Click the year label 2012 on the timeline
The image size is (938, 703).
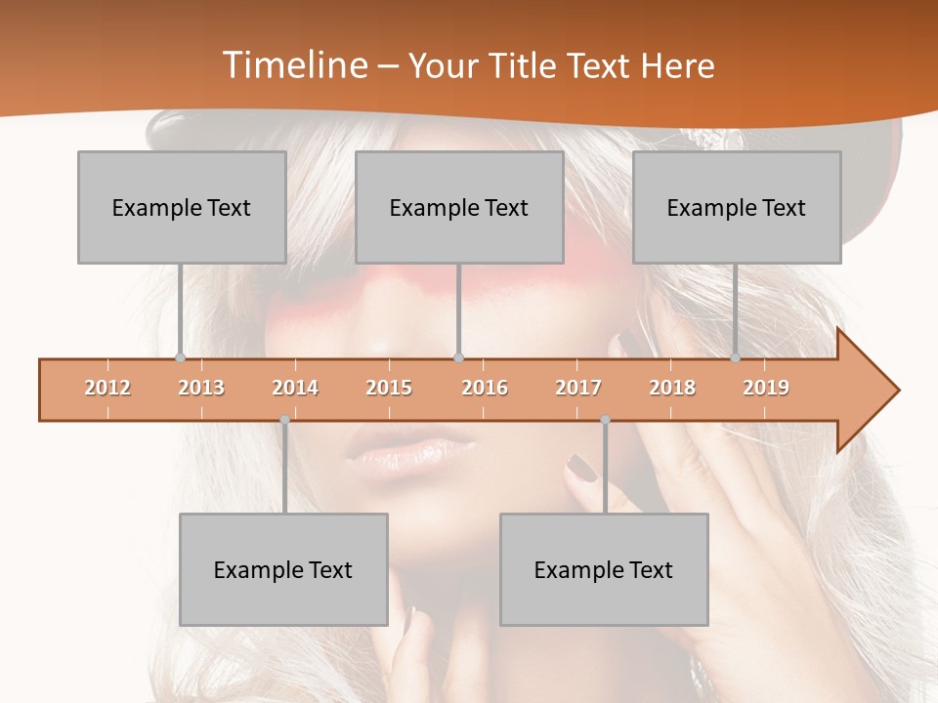[x=107, y=388]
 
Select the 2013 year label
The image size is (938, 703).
[x=201, y=388]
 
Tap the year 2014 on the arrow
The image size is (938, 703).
[x=295, y=388]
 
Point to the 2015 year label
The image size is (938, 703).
[x=389, y=388]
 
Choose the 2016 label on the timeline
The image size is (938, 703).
[x=485, y=388]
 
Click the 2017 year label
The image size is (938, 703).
[x=578, y=388]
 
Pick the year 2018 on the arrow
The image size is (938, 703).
[x=672, y=388]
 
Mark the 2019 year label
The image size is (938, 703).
[x=766, y=388]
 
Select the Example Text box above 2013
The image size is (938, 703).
[x=182, y=207]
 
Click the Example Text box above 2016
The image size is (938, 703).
[x=459, y=207]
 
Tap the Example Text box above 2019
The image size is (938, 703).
[x=737, y=207]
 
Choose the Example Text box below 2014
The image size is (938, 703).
[x=283, y=569]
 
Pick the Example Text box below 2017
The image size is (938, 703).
[x=604, y=569]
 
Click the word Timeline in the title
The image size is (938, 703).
[x=293, y=65]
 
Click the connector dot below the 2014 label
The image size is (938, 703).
[x=284, y=420]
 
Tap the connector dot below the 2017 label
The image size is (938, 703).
[x=605, y=420]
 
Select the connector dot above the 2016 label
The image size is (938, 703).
[x=459, y=357]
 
